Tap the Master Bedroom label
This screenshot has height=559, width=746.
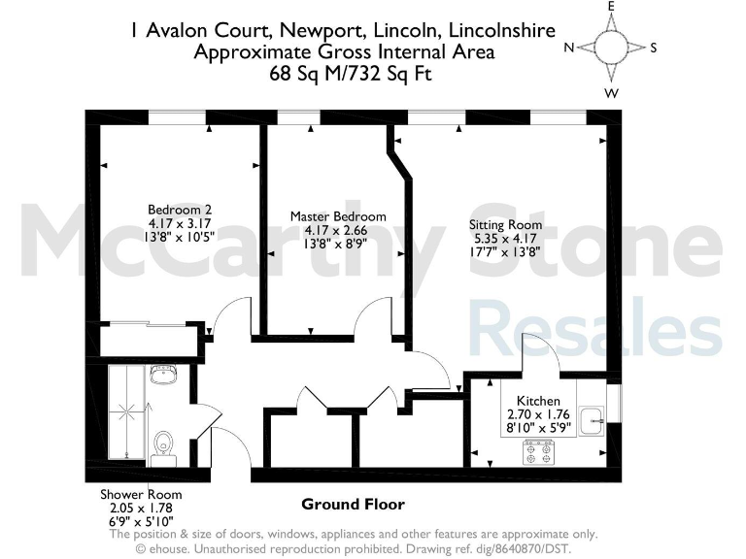pos(338,216)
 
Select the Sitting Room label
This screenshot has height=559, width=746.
pos(505,224)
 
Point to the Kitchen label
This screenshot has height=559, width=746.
pos(538,400)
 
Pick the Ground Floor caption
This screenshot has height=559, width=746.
pos(353,505)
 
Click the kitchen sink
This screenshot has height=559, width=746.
pos(592,419)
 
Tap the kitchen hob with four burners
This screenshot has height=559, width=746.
pos(538,451)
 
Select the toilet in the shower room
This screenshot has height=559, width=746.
pos(163,445)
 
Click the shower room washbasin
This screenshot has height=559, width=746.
pos(163,376)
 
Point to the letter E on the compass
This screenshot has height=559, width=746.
pos(612,7)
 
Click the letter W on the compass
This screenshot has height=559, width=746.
pos(612,93)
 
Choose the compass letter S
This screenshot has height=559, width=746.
pos(654,48)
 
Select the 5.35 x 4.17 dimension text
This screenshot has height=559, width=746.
pos(505,238)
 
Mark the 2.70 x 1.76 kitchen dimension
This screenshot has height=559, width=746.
pos(538,414)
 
